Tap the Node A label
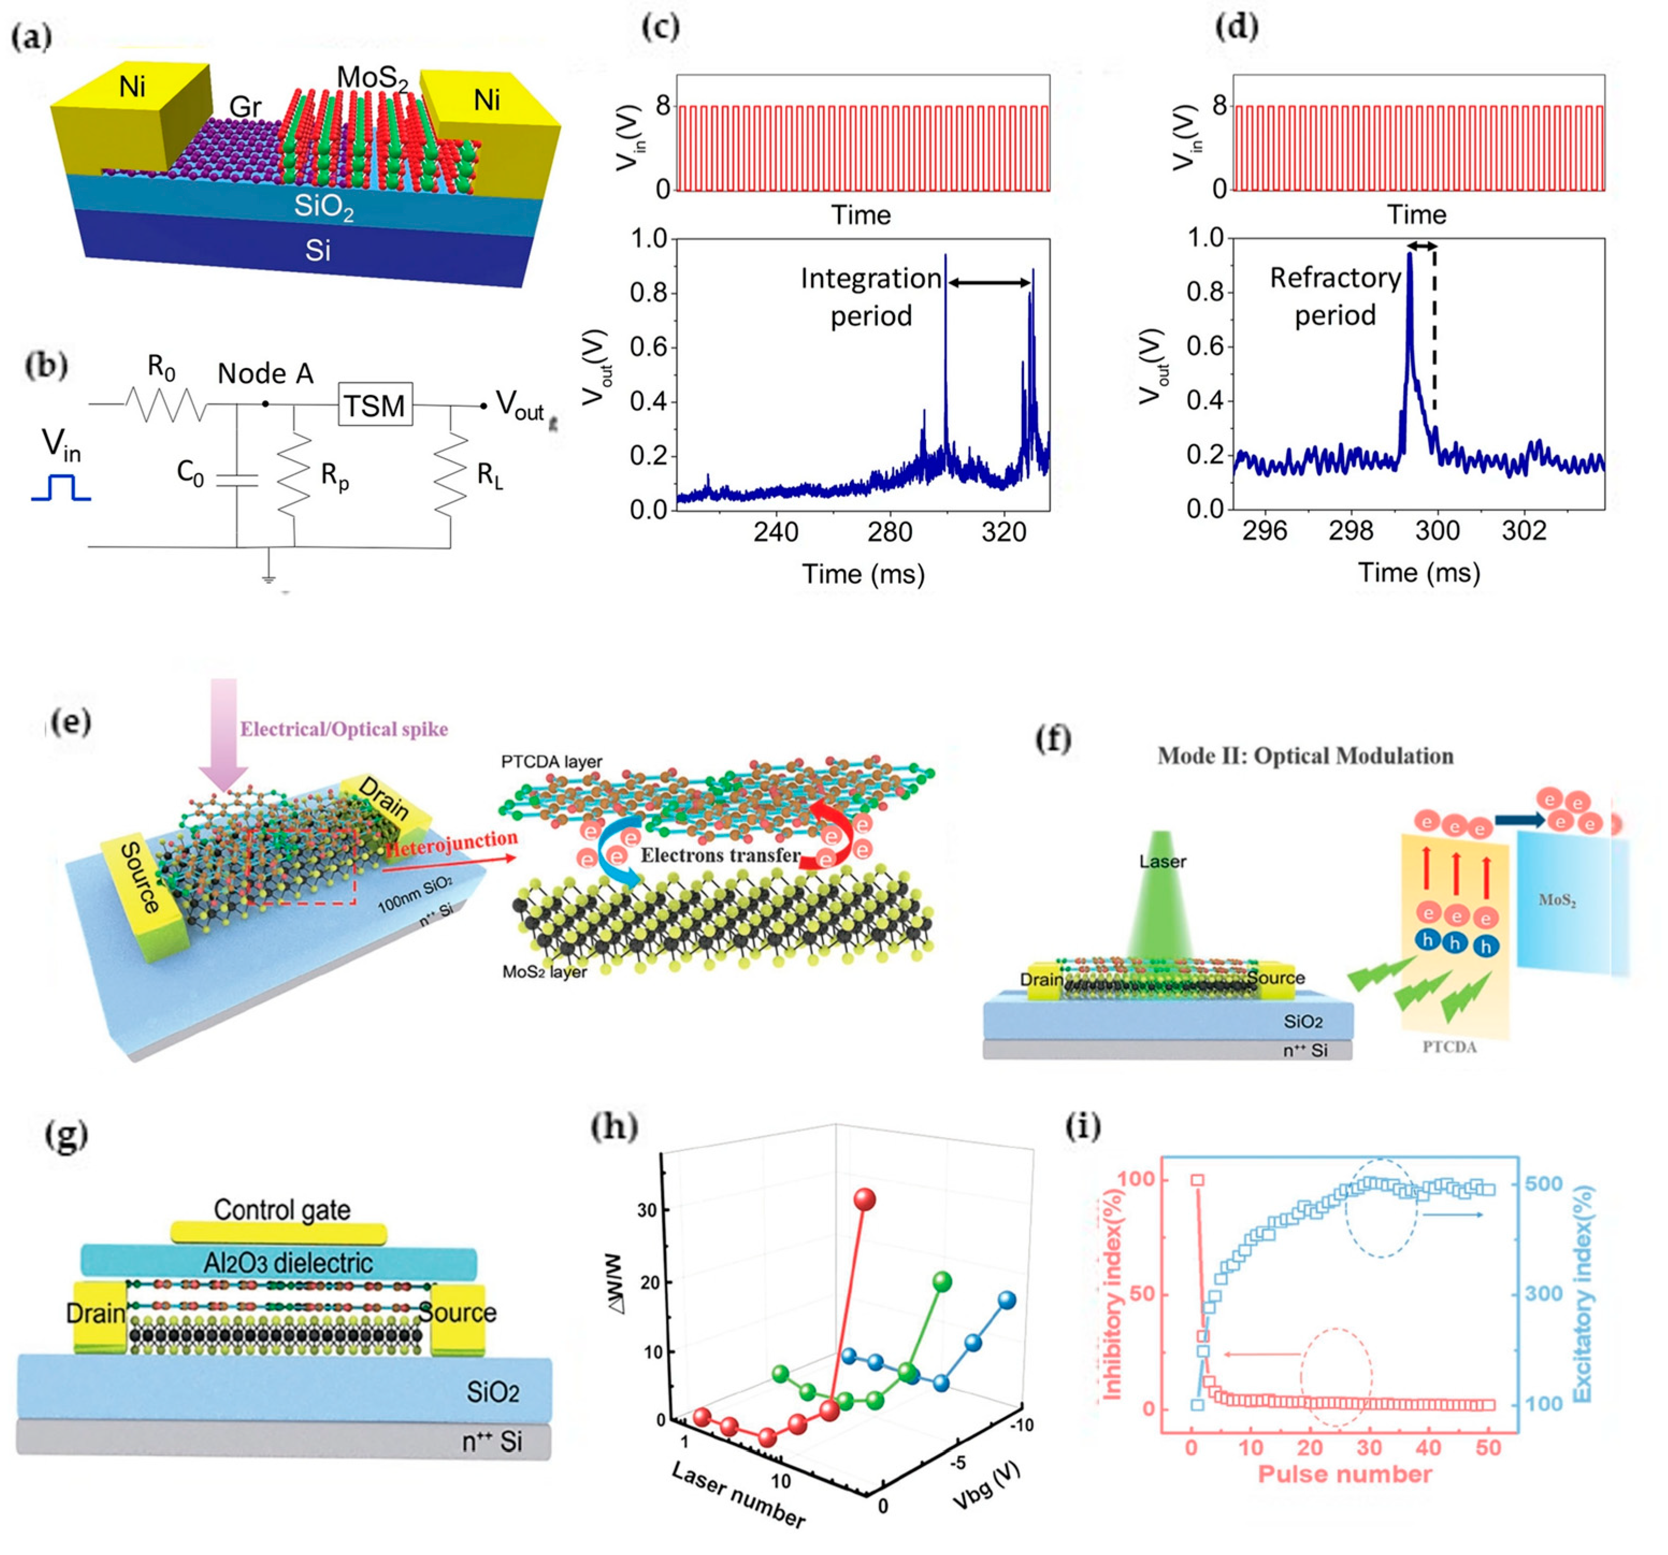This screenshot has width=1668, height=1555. [265, 373]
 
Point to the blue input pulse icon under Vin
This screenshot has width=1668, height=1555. [60, 488]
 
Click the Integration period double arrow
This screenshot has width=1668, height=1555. [988, 283]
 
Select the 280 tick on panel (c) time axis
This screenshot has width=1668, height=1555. [890, 532]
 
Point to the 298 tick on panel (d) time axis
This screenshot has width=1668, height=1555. [1350, 530]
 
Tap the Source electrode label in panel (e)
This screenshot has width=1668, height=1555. [140, 877]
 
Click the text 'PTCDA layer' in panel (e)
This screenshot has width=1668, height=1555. [551, 762]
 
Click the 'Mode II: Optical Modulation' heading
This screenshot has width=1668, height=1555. [1305, 756]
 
